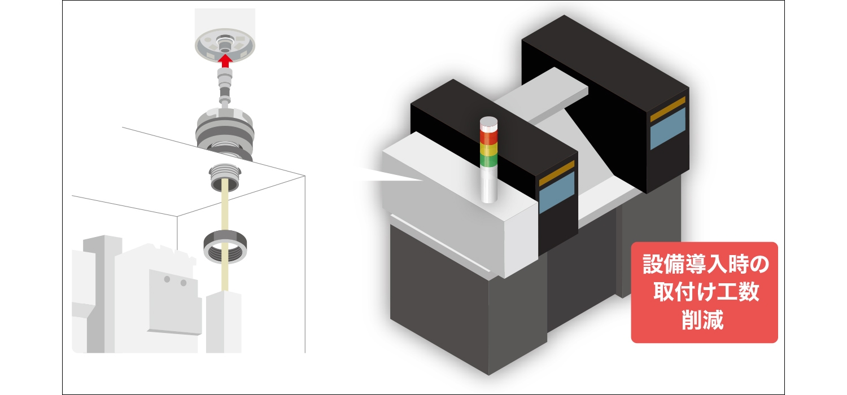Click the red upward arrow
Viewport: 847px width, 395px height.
coord(225,60)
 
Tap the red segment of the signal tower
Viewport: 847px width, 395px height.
coord(488,137)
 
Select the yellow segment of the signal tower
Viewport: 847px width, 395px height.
coord(488,150)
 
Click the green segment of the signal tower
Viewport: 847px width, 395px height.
coord(488,161)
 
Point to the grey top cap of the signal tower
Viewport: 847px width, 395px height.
coord(488,124)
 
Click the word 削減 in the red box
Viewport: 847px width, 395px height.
coord(702,320)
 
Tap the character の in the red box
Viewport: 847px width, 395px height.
coord(759,264)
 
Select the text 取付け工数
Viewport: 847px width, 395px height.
coord(706,292)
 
